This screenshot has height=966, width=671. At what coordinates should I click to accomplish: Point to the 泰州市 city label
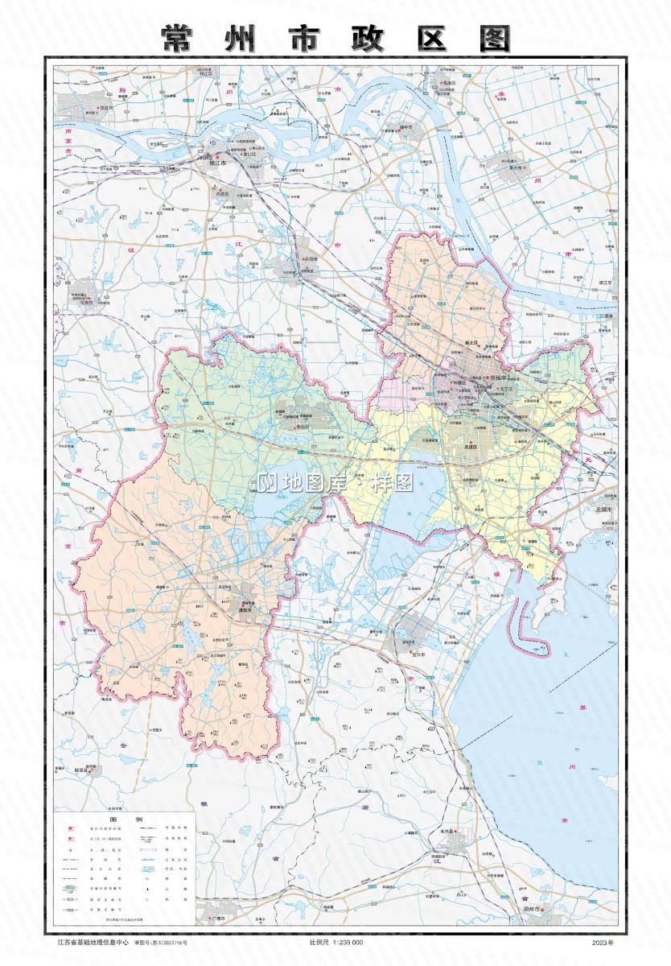pyautogui.click(x=515, y=168)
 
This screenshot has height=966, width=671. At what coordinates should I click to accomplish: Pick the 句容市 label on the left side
pyautogui.click(x=84, y=303)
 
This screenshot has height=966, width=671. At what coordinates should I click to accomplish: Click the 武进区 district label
pyautogui.click(x=467, y=447)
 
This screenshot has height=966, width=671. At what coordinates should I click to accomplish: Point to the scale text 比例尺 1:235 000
pyautogui.click(x=335, y=942)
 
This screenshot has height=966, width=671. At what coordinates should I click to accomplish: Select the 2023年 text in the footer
pyautogui.click(x=602, y=942)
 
